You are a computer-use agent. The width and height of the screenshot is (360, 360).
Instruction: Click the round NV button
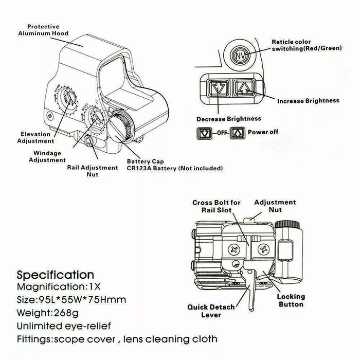coord(240,56)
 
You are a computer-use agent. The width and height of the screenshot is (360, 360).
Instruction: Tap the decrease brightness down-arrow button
coord(218,88)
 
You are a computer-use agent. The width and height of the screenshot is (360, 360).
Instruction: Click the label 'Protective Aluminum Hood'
coord(43,30)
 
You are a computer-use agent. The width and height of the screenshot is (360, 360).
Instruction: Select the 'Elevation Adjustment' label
coord(35,137)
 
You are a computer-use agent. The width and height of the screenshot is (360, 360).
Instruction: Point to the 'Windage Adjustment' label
coord(47,156)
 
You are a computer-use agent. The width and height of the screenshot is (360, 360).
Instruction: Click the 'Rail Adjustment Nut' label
coord(92,171)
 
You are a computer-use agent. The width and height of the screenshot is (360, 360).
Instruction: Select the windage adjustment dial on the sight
coord(95,120)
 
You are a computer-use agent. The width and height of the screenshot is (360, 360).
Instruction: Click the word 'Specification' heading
coord(56,275)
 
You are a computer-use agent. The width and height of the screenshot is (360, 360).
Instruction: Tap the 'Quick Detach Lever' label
coord(211,311)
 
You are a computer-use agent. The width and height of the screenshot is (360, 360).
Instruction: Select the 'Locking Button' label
coord(291,300)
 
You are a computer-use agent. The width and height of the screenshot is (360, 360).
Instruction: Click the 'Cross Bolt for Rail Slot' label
coord(217,206)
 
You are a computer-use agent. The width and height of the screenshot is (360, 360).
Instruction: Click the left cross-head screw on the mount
coord(234,249)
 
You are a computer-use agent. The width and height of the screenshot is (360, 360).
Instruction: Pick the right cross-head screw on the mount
coord(264,249)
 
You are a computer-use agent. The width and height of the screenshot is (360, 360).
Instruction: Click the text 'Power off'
coord(263,132)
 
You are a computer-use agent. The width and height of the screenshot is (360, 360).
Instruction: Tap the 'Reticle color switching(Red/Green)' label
coord(307,45)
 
